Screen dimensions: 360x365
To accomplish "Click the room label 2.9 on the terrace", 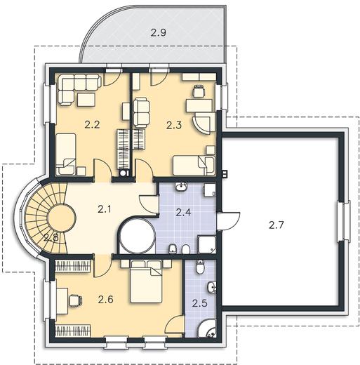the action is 159,32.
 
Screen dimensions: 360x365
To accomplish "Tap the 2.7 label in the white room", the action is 276,225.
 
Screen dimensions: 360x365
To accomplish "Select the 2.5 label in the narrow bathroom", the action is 200,303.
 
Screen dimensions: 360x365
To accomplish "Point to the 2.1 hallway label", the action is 105,209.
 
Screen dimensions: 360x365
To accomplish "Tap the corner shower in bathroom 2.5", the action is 206,328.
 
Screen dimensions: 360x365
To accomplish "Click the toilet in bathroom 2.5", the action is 200,267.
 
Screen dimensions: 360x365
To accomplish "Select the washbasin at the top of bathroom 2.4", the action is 181,187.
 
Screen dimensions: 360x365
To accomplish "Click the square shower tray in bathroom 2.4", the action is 207,244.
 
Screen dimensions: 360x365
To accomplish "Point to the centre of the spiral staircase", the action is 62,218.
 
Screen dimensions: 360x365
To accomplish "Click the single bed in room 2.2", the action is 66,154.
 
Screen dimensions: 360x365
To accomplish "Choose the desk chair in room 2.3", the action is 199,91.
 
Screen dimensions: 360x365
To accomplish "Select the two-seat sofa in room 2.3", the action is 142,113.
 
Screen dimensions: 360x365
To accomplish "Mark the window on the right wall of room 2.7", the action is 343,221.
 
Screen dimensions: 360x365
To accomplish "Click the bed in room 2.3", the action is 194,166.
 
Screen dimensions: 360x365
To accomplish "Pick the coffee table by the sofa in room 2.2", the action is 86,100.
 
